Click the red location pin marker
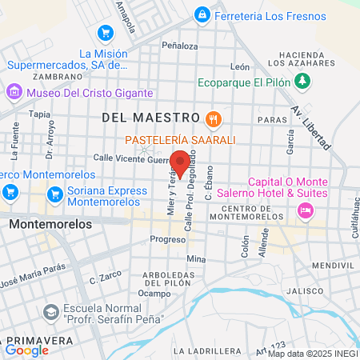click(181, 162)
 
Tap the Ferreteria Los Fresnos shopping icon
click(202, 15)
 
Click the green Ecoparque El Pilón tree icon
click(302, 81)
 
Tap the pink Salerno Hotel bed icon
click(304, 210)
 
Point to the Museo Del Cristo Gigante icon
click(14, 93)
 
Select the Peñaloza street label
click(179, 46)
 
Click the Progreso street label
click(167, 239)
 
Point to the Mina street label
click(196, 259)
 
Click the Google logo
click(27, 350)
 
